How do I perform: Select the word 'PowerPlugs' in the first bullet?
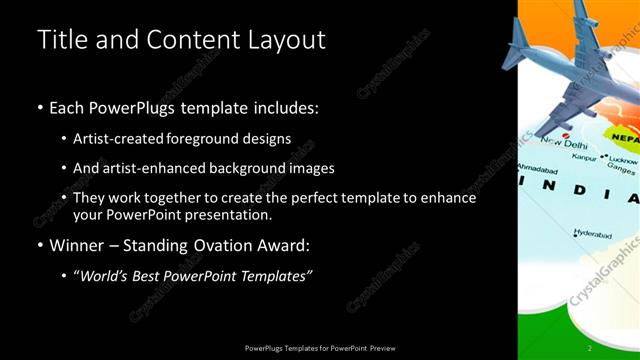pos(136,107)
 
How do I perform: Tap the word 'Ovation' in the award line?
pos(222,244)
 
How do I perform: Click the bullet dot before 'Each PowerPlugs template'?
pos(39,107)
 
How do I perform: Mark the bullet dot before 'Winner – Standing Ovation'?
pos(39,244)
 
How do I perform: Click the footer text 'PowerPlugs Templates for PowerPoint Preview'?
pos(319,347)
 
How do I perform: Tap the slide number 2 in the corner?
pos(590,347)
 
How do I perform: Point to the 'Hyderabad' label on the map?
pos(594,233)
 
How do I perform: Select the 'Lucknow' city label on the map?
pos(623,160)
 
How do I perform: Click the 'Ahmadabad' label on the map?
pos(536,168)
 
